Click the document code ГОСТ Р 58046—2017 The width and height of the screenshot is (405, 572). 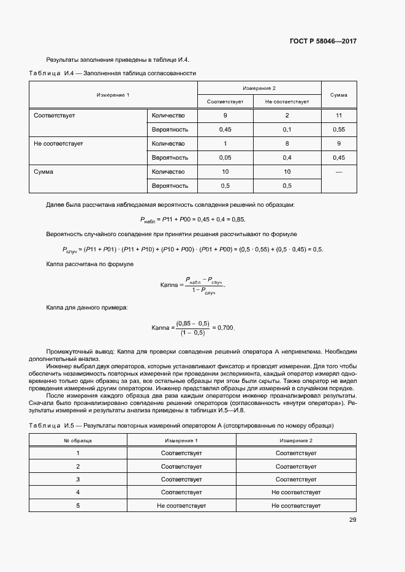[x=323, y=41]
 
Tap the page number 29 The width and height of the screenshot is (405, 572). [x=353, y=520]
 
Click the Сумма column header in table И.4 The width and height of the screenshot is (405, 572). [x=339, y=95]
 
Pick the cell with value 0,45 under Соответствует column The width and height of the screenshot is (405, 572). [x=225, y=130]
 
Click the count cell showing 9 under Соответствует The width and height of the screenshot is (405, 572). [x=225, y=115]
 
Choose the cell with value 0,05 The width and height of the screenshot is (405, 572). [x=225, y=158]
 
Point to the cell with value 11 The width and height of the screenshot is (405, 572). [x=339, y=115]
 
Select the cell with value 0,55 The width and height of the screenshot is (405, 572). [x=339, y=130]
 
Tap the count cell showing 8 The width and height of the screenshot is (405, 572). [x=287, y=143]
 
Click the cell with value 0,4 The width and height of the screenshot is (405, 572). [x=287, y=158]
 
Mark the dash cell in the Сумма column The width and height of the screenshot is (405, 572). [x=339, y=172]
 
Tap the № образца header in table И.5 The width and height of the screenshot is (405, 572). [x=78, y=440]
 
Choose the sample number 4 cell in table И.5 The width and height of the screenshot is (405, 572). [x=78, y=492]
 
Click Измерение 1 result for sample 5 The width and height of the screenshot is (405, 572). [x=181, y=506]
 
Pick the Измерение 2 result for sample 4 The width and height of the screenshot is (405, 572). [x=296, y=492]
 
